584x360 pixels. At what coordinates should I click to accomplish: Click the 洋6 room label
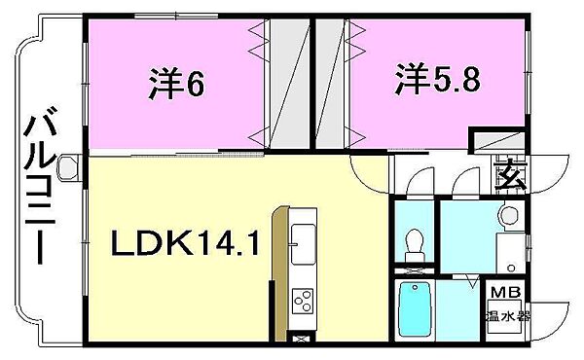click(177, 85)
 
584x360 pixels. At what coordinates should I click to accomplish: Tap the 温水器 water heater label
click(507, 316)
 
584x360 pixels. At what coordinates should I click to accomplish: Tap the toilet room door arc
click(419, 183)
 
